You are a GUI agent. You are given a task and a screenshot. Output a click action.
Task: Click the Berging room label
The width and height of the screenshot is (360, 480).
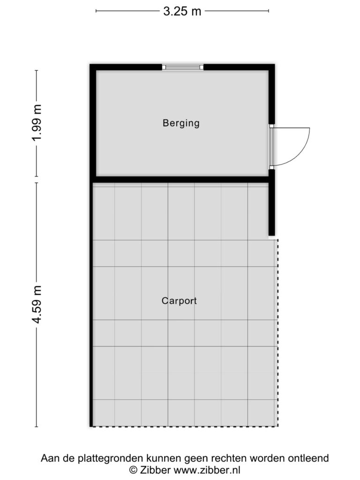coord(181,123)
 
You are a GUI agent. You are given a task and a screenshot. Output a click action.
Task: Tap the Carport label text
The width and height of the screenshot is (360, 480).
coord(179,300)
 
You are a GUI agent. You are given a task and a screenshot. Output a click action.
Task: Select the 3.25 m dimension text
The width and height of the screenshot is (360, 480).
coord(182,11)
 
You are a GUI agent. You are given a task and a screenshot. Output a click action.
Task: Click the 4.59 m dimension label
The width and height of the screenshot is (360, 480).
coord(37,305)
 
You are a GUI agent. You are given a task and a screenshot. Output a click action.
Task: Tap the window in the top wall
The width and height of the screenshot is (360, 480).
coord(183,67)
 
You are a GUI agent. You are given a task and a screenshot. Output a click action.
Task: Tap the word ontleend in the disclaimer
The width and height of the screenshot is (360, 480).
coord(308,458)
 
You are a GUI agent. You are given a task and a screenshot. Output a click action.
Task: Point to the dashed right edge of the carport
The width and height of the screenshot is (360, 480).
coord(277,332)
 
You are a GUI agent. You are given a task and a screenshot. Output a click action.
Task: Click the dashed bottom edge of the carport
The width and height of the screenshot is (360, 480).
coord(185,426)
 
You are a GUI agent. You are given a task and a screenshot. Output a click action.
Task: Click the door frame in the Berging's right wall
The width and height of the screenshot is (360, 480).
coord(271,147)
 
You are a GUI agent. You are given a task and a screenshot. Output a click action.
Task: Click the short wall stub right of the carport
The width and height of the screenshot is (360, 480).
coord(271,209)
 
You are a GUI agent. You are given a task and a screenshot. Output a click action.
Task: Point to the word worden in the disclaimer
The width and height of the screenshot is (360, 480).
coord(268,458)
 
